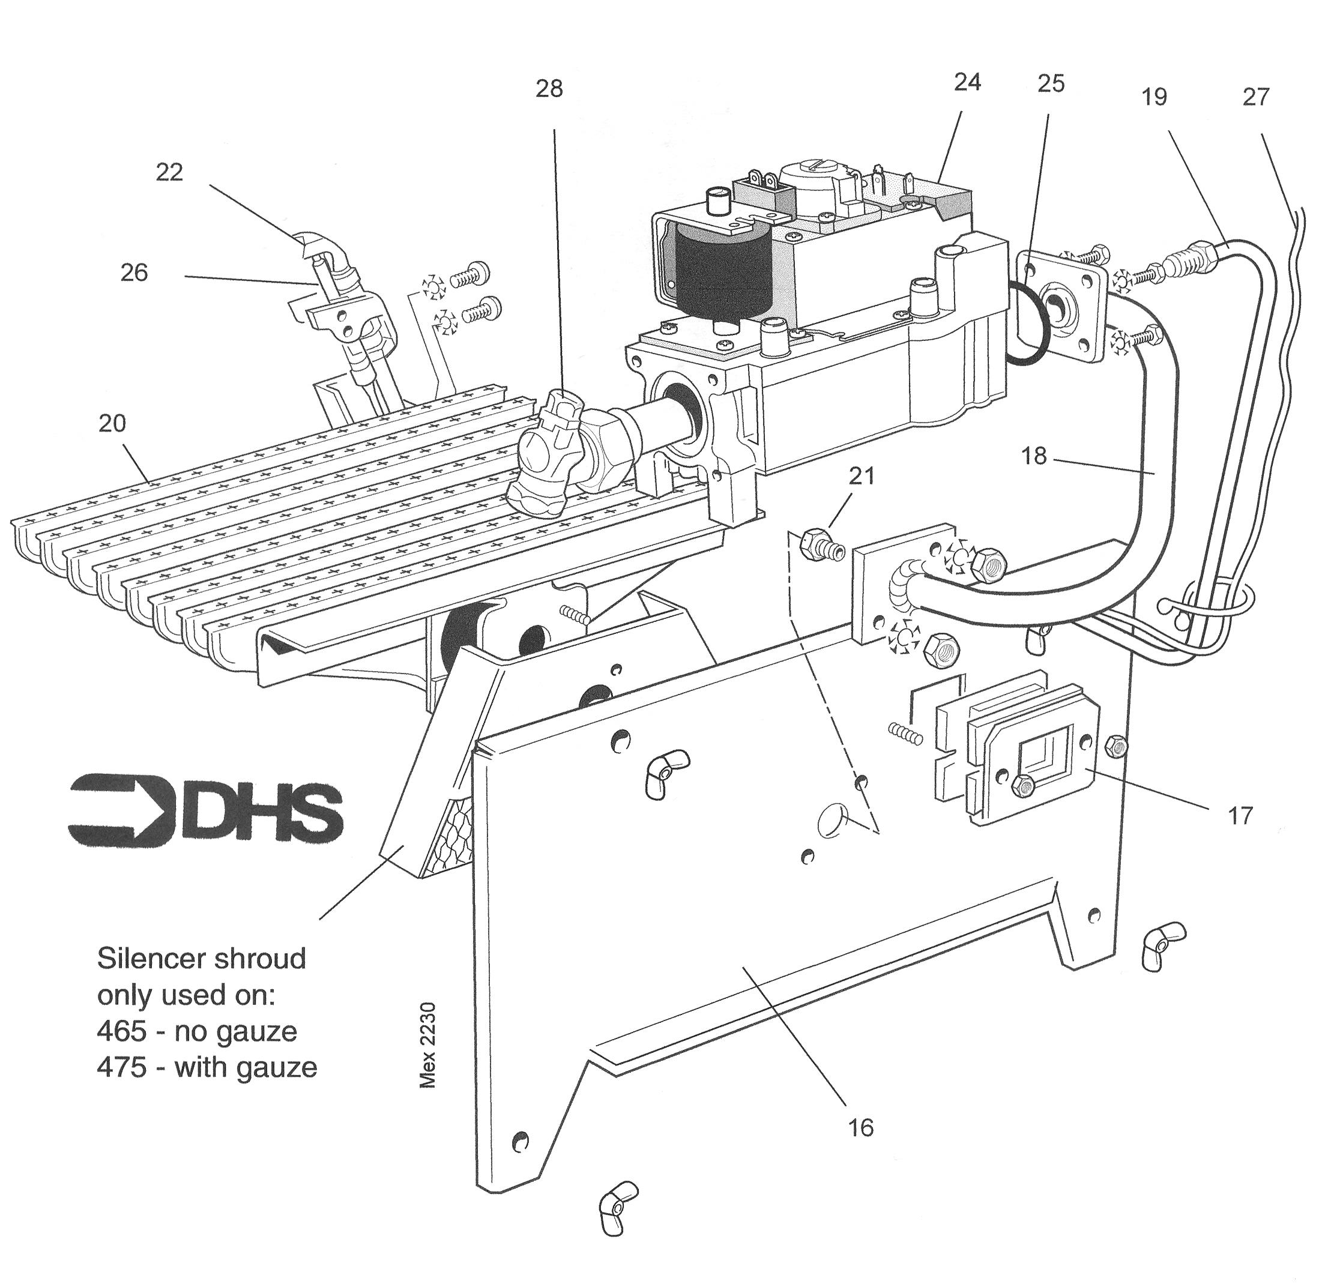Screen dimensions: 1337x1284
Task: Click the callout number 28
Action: (x=549, y=89)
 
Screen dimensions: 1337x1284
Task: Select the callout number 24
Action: (x=967, y=82)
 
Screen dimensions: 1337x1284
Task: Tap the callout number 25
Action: (x=1051, y=83)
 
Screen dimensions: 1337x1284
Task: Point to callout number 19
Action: (x=1154, y=97)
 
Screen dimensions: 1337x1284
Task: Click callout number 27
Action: (x=1256, y=97)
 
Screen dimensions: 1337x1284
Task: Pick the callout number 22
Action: (x=169, y=172)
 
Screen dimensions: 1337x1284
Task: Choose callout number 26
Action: (x=134, y=272)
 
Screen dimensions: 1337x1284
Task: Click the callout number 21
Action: (x=862, y=475)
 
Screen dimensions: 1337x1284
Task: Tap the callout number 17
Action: (x=1240, y=816)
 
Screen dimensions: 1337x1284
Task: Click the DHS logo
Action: (x=205, y=811)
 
